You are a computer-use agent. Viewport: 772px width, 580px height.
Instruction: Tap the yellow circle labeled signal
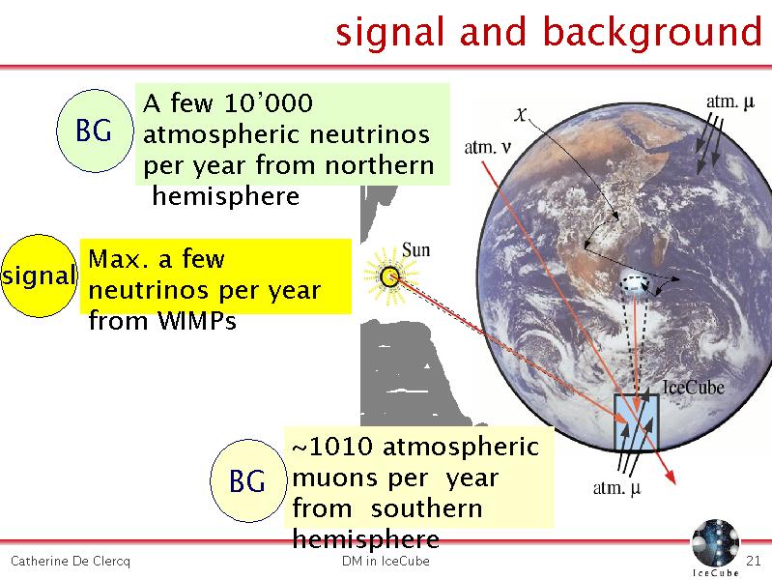point(40,275)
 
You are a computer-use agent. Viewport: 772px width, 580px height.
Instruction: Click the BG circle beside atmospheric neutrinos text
point(95,130)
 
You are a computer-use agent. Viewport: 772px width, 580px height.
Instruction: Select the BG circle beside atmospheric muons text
point(248,480)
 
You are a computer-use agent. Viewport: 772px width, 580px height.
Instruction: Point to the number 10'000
point(269,103)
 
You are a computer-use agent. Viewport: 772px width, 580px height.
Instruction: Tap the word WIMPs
point(197,321)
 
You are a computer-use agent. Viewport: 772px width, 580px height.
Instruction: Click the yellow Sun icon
point(390,275)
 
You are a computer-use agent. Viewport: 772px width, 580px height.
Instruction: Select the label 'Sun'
point(416,249)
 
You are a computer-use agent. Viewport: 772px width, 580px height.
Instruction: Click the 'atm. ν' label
point(487,147)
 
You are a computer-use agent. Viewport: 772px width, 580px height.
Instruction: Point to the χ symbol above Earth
point(521,115)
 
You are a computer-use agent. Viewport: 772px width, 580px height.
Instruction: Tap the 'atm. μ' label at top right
point(730,102)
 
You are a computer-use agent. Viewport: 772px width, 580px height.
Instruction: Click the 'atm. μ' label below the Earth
point(617,488)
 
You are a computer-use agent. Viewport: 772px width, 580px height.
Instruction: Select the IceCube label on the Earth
point(694,388)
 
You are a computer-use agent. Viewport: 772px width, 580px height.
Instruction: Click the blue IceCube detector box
point(636,421)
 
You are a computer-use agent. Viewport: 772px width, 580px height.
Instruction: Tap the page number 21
point(754,561)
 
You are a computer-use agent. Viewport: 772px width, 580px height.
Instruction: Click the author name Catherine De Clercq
point(71,562)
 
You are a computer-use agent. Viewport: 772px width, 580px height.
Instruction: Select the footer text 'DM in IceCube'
point(386,561)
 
